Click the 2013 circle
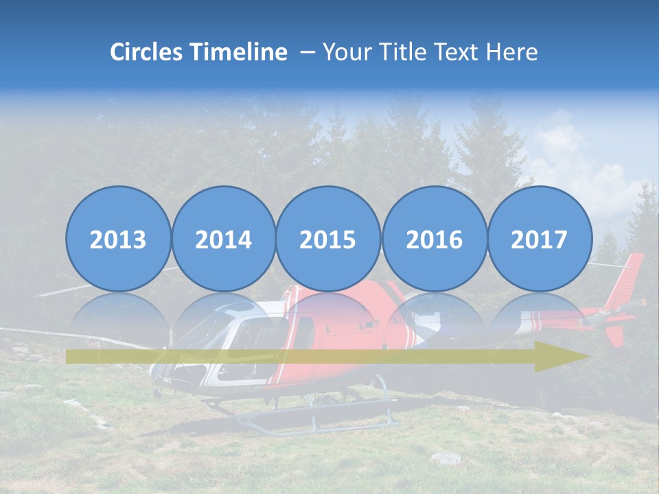pos(118,239)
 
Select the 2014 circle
pos(223,239)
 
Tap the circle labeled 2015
pos(328,239)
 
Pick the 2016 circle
pos(434,239)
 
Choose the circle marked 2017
pos(539,239)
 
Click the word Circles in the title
pos(147,52)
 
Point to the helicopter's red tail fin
pos(630,281)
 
